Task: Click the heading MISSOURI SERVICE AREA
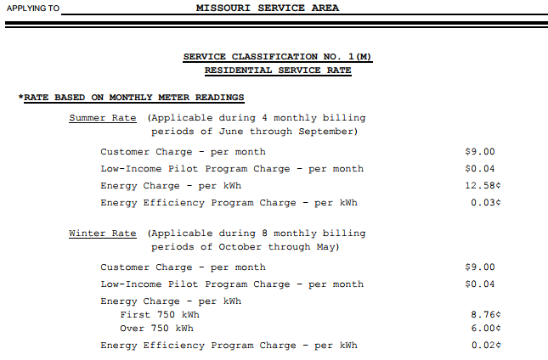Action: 268,8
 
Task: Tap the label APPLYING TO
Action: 33,8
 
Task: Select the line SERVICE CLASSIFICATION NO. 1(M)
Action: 278,57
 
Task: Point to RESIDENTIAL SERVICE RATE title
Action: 278,70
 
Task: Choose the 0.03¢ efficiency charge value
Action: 486,203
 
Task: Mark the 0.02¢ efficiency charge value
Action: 486,346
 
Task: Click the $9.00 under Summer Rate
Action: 479,152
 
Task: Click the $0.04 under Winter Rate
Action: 479,284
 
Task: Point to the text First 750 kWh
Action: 156,315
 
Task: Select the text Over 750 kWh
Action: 156,329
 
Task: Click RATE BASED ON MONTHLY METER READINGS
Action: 133,98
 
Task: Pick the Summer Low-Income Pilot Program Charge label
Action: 231,169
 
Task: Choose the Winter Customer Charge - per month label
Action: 183,267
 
